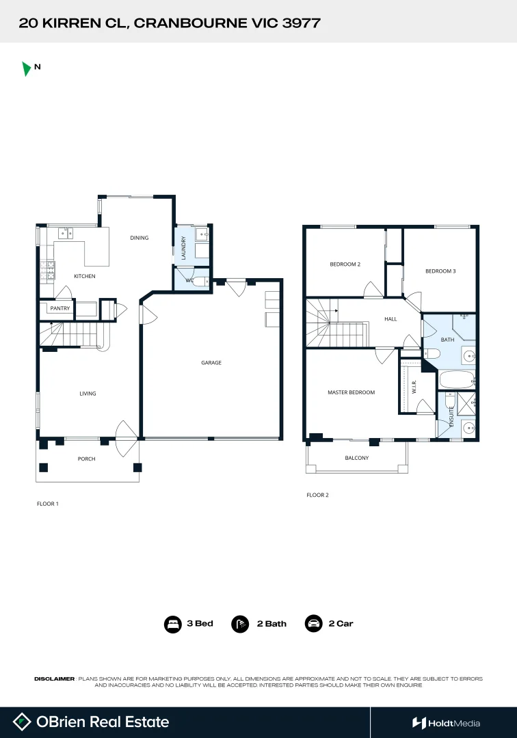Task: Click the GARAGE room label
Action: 211,363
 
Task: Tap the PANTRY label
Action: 59,309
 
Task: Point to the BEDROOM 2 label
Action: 345,264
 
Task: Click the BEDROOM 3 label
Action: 440,271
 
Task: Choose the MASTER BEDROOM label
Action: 352,392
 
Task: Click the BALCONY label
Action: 356,458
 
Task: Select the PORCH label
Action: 86,459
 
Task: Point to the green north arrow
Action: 26,68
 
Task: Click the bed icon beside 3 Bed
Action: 172,624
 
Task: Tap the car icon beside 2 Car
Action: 314,624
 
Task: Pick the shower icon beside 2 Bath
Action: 240,624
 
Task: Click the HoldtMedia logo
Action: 446,723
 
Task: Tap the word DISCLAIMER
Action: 54,679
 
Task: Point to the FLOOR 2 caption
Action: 317,495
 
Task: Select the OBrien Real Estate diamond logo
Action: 23,722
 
